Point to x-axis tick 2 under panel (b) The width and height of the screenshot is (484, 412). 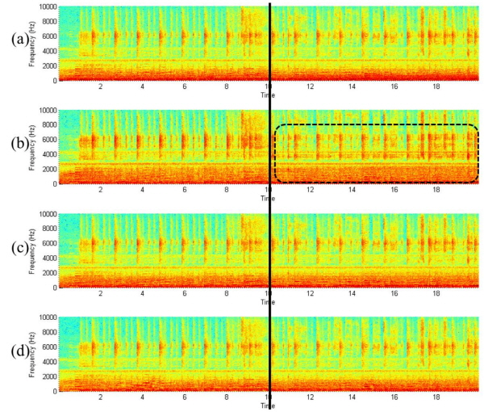pyautogui.click(x=101, y=191)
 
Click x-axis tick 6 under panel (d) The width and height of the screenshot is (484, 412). pyautogui.click(x=185, y=397)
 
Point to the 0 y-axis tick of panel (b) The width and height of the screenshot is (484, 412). pyautogui.click(x=55, y=183)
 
